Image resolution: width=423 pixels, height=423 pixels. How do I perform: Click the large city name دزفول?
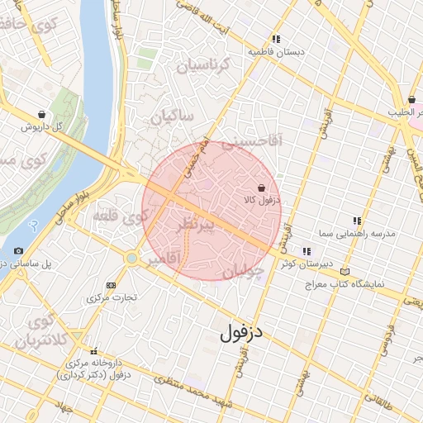(242, 334)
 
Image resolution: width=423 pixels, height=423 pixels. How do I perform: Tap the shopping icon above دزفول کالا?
(261, 188)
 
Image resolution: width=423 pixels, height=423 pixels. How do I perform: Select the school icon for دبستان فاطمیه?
(276, 39)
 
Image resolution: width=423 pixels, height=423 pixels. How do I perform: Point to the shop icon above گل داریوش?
(41, 115)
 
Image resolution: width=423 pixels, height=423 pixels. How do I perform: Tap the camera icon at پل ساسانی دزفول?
(18, 250)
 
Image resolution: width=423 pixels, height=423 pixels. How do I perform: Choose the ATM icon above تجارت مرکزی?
(111, 285)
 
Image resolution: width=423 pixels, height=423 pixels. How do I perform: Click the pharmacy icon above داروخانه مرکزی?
(93, 351)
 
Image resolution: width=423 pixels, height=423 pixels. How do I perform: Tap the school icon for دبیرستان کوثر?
(307, 251)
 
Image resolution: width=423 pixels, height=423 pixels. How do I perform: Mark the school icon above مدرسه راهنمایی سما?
(357, 221)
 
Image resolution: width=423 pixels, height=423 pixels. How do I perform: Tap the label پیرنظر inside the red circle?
(197, 225)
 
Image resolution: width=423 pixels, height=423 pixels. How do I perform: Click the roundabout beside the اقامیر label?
(131, 259)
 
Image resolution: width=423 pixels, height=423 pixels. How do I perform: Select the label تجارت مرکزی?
(112, 297)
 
